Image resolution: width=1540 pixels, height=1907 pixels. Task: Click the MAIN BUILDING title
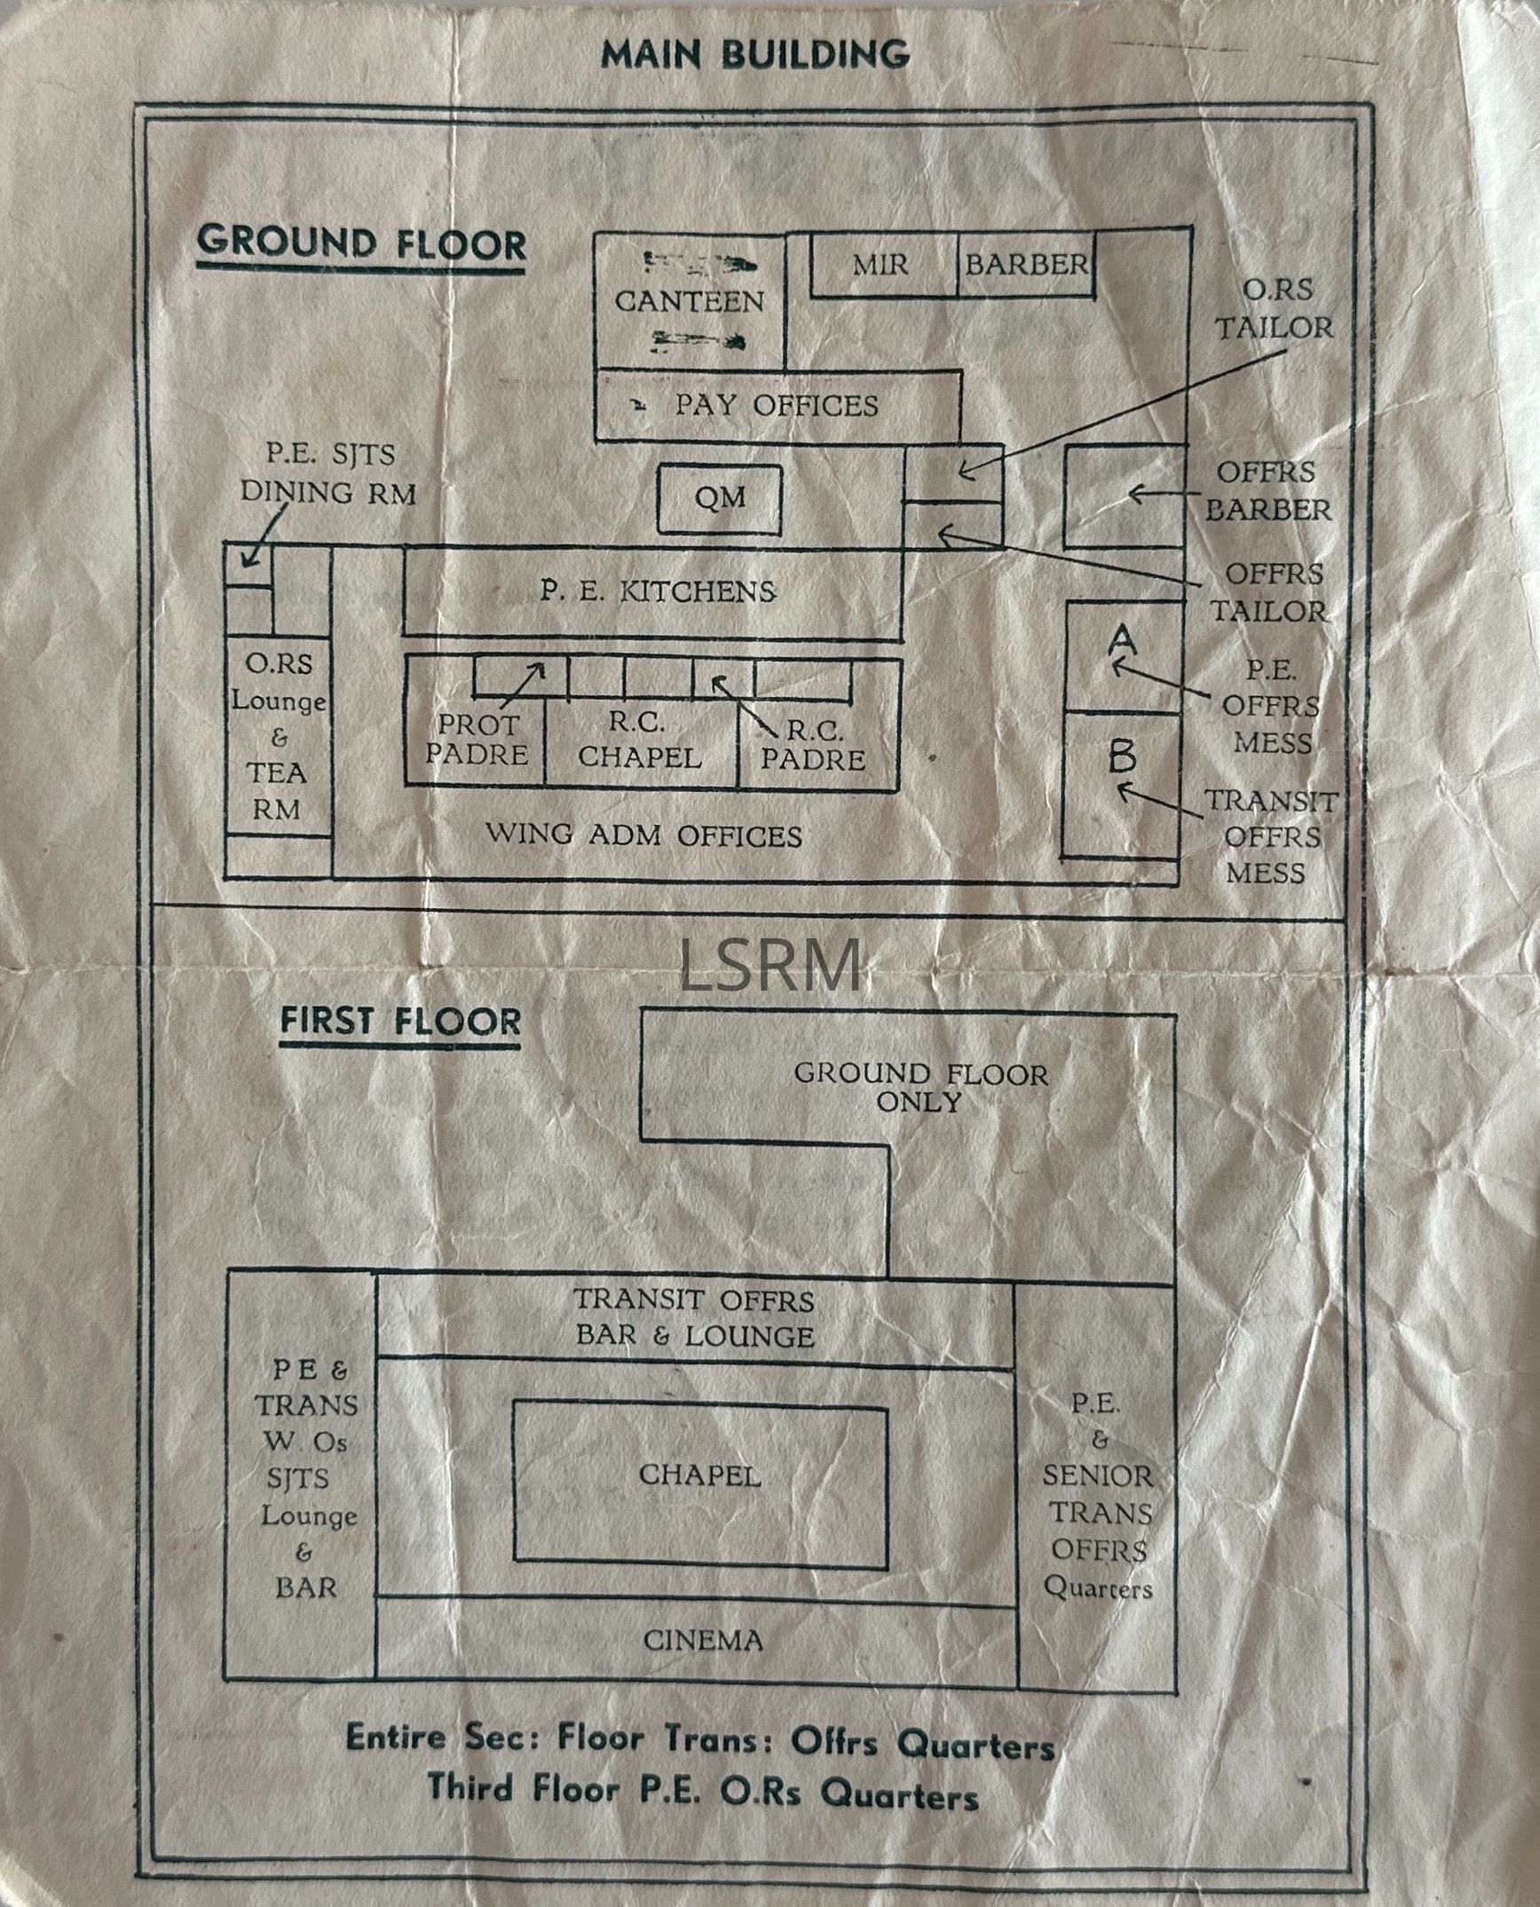click(x=754, y=55)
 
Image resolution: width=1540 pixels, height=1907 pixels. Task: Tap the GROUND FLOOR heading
click(x=361, y=244)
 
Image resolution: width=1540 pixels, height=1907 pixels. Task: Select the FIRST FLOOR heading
click(x=400, y=1021)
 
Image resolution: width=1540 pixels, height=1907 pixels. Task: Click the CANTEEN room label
click(x=690, y=301)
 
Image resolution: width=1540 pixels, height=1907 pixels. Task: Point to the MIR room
click(x=881, y=265)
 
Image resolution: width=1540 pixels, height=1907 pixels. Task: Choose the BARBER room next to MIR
click(x=1026, y=265)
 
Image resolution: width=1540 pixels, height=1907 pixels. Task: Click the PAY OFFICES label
click(x=776, y=406)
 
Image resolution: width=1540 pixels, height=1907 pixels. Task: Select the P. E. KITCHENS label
click(x=658, y=590)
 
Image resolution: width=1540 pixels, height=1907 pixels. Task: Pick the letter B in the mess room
click(x=1122, y=756)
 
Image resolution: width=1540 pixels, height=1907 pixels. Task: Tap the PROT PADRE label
click(x=477, y=740)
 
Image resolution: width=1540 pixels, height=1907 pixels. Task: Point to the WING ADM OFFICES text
click(x=644, y=835)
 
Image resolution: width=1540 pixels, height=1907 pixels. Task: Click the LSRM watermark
click(x=770, y=967)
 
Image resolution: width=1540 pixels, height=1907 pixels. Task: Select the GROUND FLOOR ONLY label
click(x=920, y=1088)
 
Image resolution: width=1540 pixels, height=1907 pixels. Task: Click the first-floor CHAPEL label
click(x=699, y=1476)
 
